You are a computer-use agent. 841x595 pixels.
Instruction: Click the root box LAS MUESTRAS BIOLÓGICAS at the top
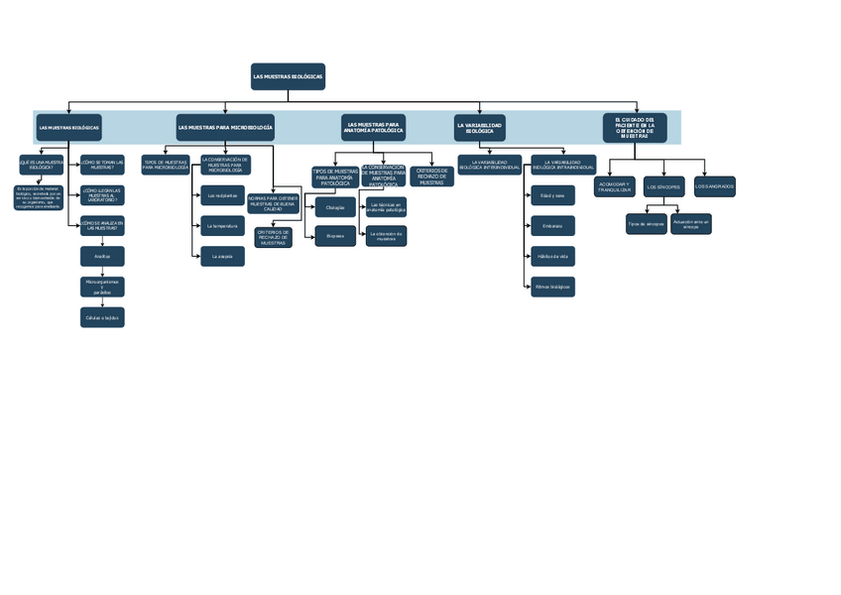tap(288, 76)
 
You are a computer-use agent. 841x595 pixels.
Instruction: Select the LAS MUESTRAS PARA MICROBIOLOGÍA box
tap(225, 127)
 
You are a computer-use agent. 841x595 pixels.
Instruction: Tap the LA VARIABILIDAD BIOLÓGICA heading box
tap(479, 127)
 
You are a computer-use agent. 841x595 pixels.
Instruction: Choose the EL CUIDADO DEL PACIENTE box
tap(635, 128)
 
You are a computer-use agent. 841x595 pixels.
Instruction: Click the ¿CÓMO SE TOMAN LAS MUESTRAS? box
tap(102, 165)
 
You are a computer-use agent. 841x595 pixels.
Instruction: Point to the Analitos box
tap(102, 256)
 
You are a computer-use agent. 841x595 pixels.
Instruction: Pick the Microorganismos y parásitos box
tap(102, 287)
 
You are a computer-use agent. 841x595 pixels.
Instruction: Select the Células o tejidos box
tap(102, 317)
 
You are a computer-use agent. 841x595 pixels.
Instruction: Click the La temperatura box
tap(222, 226)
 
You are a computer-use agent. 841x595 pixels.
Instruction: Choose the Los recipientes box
tap(222, 195)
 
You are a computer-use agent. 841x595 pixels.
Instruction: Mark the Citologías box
tap(335, 207)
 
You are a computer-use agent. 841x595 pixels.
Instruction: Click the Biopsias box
tap(335, 236)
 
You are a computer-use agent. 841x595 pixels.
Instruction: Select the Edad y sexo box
tap(552, 195)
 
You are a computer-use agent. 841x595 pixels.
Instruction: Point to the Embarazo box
tap(552, 226)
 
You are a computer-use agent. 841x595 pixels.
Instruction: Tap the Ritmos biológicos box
tap(552, 287)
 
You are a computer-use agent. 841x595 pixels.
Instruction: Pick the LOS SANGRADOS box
tap(714, 186)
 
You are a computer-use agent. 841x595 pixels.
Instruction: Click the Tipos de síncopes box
tap(646, 224)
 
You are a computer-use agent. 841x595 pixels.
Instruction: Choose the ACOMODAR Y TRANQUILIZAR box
tap(614, 187)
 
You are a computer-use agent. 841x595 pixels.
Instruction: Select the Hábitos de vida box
tap(552, 257)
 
